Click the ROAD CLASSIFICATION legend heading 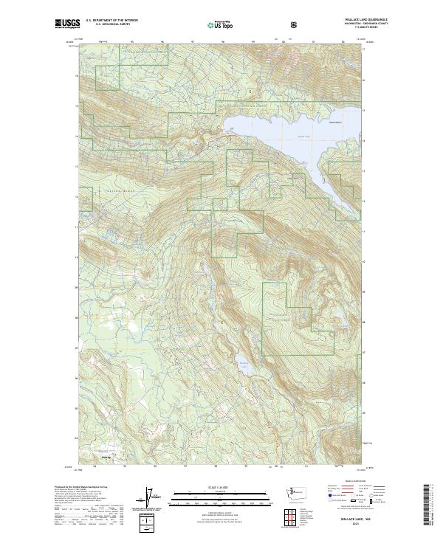[346, 480]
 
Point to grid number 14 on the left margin [75, 137]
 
